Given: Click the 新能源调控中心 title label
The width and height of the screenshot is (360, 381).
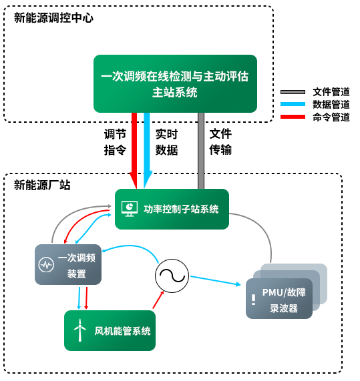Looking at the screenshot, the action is (53, 18).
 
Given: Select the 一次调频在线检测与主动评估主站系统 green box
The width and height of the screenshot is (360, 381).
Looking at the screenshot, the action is (175, 83).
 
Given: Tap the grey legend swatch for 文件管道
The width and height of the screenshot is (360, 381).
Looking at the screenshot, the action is (293, 92).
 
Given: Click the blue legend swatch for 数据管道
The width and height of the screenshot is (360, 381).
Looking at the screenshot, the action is (293, 104).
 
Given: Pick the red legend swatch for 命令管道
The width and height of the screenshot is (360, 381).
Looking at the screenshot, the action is (293, 117).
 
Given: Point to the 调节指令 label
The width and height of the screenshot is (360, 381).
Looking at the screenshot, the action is (115, 142).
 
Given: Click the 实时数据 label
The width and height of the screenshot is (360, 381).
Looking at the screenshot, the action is (166, 142).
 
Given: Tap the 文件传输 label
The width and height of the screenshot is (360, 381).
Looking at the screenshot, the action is (220, 142).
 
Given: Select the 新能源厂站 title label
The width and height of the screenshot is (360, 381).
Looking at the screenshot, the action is (42, 185).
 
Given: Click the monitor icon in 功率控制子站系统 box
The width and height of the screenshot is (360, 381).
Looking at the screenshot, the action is (130, 209).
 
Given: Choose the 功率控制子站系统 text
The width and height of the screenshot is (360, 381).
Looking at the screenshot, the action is (181, 209).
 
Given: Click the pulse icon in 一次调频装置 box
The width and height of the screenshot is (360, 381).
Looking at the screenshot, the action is (46, 265).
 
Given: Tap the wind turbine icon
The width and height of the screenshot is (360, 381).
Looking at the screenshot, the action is (79, 330).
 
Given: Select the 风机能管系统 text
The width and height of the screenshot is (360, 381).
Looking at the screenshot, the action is (123, 331).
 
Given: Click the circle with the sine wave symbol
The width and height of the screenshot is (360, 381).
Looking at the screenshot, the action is (172, 276).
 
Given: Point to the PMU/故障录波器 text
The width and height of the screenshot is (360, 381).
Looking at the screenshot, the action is (284, 300).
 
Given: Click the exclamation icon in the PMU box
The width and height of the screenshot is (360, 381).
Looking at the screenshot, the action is (253, 300).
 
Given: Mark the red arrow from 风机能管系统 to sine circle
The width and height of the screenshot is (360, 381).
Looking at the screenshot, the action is (158, 300).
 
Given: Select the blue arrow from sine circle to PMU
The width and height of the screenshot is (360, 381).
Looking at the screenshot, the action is (216, 280).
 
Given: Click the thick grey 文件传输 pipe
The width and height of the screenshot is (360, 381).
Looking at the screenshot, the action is (201, 151).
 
